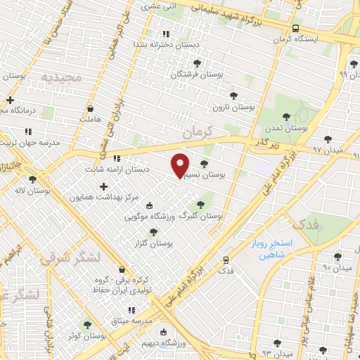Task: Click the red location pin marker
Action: click(x=180, y=165)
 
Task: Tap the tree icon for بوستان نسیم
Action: click(x=204, y=164)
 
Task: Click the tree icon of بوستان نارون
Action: click(x=233, y=95)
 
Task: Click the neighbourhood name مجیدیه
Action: click(x=61, y=76)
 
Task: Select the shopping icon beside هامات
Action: click(x=91, y=109)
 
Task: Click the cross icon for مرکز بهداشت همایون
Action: click(x=104, y=187)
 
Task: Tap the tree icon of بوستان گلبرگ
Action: click(x=201, y=205)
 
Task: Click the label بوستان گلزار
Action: click(x=155, y=243)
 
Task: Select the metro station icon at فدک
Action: click(x=226, y=259)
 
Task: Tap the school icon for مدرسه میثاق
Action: click(x=130, y=310)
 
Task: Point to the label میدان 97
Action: click(x=326, y=150)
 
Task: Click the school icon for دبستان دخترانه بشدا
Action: click(x=166, y=34)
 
